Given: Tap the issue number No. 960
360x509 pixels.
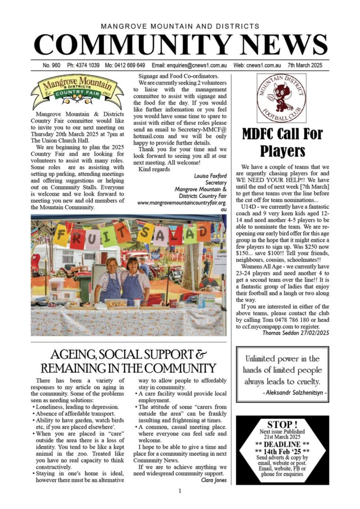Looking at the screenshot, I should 51,66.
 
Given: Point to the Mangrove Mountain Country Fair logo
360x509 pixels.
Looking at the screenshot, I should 77,91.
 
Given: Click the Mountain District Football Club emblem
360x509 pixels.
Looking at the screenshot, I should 281,98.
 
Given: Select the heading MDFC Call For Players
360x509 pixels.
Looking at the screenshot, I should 282,142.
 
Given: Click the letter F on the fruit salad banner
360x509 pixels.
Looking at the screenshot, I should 62,235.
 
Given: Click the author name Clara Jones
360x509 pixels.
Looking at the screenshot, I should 214,480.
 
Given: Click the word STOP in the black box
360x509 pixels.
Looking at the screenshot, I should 282,424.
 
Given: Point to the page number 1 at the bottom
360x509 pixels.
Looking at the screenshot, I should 180,491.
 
